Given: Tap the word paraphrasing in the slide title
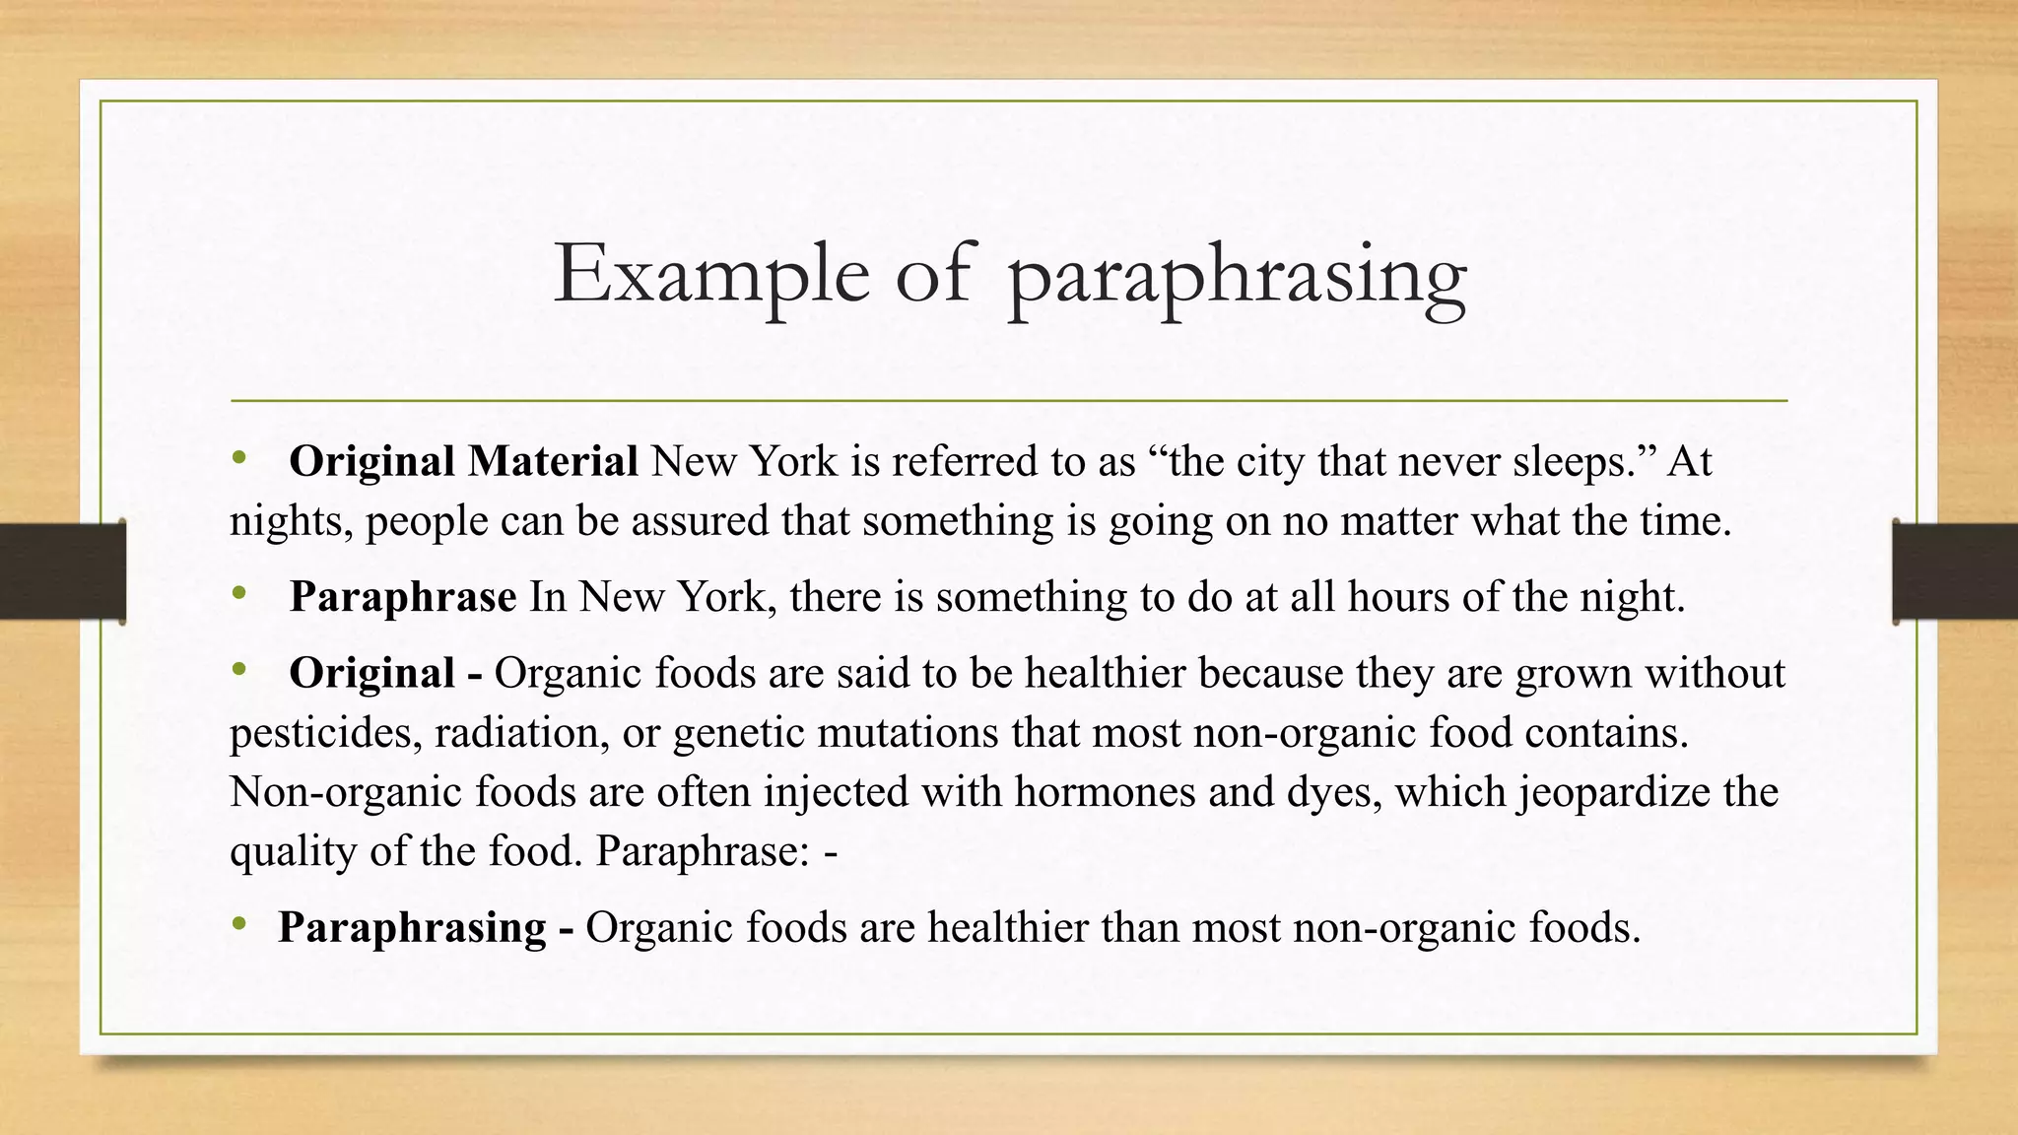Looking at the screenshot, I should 1238,278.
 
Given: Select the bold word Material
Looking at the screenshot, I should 553,461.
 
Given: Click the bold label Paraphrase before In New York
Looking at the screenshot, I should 403,597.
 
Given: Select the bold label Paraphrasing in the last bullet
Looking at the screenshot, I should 412,928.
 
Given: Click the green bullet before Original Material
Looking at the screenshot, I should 238,457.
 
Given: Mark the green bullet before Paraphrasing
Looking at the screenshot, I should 238,924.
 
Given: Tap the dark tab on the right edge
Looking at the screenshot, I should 1955,571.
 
